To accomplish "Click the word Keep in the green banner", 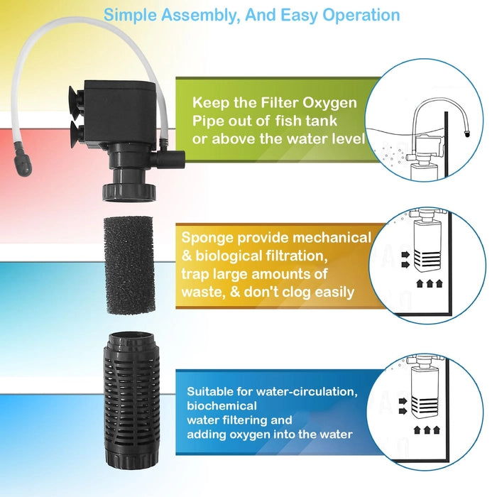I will point(209,102).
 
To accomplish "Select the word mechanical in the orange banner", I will point(333,238).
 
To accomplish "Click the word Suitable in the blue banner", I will point(212,391).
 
